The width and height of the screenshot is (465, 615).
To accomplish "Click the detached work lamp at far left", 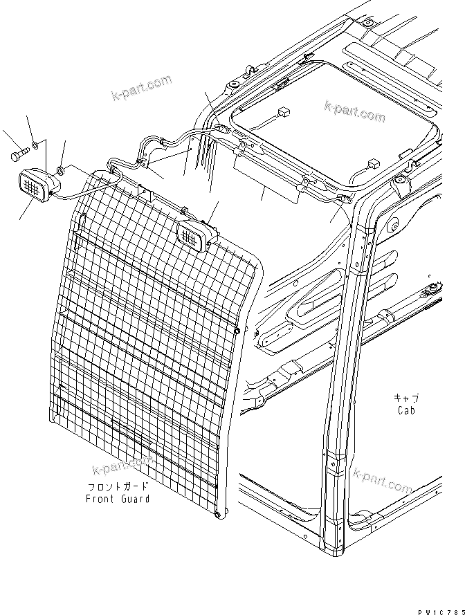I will click(x=35, y=186).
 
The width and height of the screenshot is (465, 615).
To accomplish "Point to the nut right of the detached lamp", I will click(x=62, y=169).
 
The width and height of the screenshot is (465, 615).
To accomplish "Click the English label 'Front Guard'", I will click(x=117, y=499).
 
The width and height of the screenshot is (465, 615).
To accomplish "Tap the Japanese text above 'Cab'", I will click(x=406, y=398).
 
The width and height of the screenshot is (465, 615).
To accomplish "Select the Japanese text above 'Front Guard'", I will click(x=118, y=487).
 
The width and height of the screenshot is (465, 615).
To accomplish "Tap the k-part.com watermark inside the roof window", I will click(x=354, y=110).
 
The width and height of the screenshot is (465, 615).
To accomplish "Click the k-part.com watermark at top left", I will click(x=141, y=89).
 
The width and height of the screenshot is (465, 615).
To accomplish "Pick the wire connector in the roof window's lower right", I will click(x=373, y=165).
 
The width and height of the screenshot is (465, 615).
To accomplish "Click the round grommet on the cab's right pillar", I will click(x=392, y=225).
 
